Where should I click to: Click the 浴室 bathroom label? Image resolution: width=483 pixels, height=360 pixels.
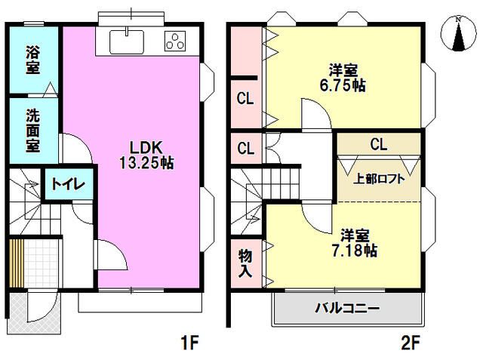click(32, 61)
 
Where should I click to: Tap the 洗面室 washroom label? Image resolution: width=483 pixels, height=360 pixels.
click(32, 130)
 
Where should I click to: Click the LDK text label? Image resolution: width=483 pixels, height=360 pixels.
click(146, 147)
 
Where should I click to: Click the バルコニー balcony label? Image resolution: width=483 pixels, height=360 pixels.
click(347, 309)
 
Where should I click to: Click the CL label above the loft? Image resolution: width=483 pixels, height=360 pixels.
click(379, 143)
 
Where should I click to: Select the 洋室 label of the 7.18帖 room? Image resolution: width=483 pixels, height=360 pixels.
click(354, 233)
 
